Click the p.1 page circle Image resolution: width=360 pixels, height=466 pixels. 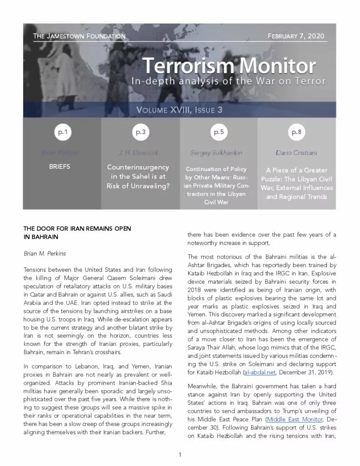[61, 133]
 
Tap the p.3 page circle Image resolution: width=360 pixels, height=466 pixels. [140, 133]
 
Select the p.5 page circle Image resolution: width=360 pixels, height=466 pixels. [218, 133]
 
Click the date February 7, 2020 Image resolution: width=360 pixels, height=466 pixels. [296, 35]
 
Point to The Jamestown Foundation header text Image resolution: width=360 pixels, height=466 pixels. [79, 35]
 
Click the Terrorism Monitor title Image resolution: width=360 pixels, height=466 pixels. [229, 66]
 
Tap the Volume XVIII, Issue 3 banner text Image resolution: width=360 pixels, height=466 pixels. [179, 110]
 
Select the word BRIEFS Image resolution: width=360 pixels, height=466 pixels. [60, 167]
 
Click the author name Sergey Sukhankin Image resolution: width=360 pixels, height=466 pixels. [216, 153]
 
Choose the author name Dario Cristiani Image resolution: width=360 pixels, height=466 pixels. [296, 153]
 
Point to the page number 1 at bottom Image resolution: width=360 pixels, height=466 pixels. [180, 455]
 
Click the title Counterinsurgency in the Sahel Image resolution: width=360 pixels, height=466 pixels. [138, 176]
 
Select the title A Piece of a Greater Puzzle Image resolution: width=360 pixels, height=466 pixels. [296, 183]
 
